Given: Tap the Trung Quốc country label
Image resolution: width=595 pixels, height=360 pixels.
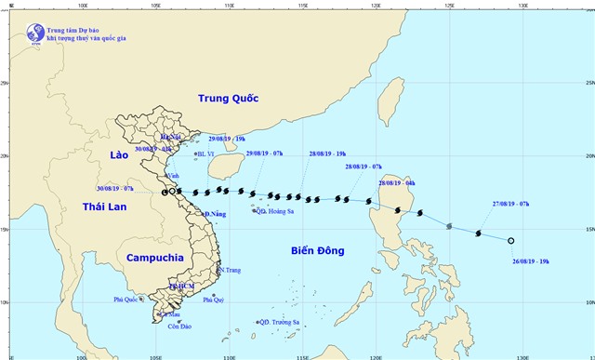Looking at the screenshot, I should (x=228, y=99).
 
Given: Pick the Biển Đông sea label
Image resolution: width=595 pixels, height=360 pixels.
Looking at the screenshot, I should (x=316, y=251).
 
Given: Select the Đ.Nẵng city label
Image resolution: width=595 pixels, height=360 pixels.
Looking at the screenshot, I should (x=216, y=215).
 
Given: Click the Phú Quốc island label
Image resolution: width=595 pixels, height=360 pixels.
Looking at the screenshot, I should (x=131, y=300).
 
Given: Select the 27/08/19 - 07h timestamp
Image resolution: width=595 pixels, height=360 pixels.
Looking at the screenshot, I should (x=510, y=203).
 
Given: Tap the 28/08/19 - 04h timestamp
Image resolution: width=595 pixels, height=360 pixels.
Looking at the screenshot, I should (x=397, y=184).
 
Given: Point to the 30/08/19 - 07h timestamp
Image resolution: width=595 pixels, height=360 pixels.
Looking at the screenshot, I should (x=115, y=188).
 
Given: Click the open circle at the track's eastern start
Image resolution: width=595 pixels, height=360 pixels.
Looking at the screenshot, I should (x=511, y=240).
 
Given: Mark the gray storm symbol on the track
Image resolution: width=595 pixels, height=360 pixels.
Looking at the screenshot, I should (x=450, y=226).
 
